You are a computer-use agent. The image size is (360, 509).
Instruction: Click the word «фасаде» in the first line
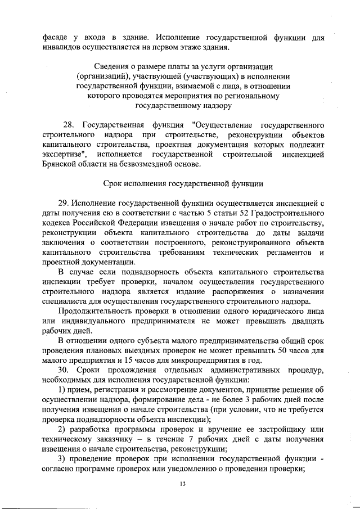point(56,38)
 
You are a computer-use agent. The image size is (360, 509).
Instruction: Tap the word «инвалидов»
point(62,47)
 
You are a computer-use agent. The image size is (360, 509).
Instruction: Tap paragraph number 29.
point(64,202)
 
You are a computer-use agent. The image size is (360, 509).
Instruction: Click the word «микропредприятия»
point(195,361)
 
